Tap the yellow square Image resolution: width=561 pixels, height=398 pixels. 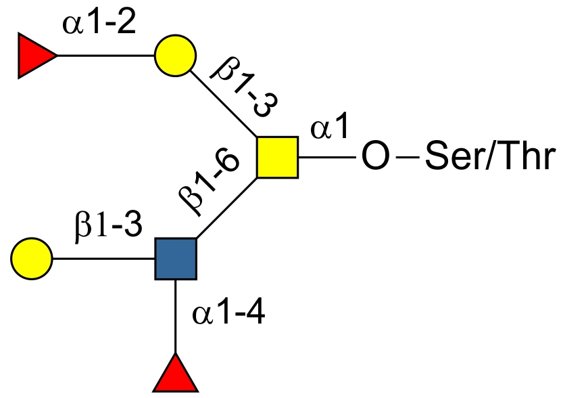[x=277, y=157]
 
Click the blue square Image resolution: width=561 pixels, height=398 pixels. [x=176, y=259]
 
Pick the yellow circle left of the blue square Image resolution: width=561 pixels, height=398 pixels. [x=32, y=259]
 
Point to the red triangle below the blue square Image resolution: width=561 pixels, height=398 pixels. [x=176, y=374]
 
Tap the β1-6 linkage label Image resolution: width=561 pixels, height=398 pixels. [x=210, y=183]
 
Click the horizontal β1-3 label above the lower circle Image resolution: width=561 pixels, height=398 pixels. [x=108, y=226]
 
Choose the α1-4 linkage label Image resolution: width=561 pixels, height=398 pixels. [x=229, y=314]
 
